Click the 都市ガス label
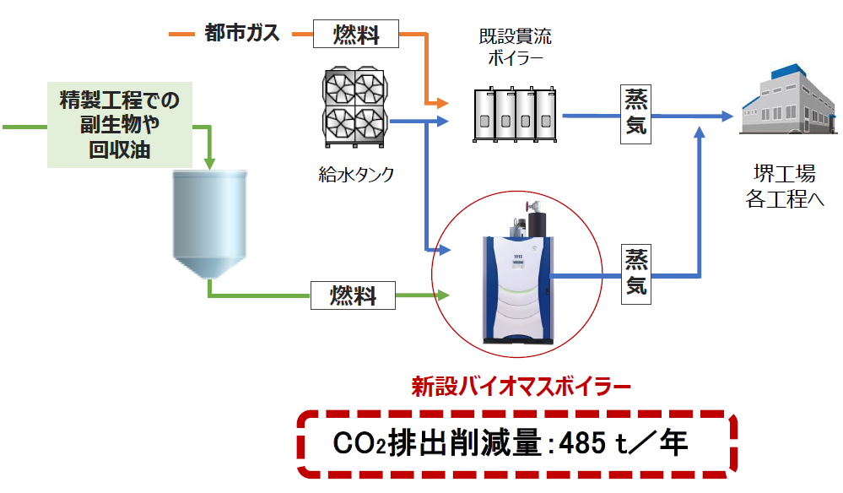pyautogui.click(x=241, y=34)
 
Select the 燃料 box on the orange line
pyautogui.click(x=355, y=35)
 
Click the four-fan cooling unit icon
pyautogui.click(x=354, y=109)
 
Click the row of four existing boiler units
pyautogui.click(x=512, y=116)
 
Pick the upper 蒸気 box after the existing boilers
pyautogui.click(x=636, y=114)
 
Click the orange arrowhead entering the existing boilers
pyautogui.click(x=440, y=104)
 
